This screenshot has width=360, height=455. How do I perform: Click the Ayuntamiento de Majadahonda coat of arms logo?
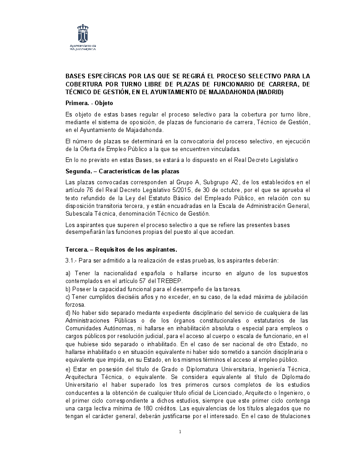click(82, 34)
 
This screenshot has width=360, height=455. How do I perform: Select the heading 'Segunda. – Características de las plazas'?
click(122, 171)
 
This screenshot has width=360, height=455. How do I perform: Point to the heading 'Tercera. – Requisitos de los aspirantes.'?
click(121, 249)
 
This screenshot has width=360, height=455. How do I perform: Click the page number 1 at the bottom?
click(180, 431)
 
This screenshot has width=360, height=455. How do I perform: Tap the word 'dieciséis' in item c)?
click(118, 297)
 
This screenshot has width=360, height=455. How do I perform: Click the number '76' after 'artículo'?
click(90, 189)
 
